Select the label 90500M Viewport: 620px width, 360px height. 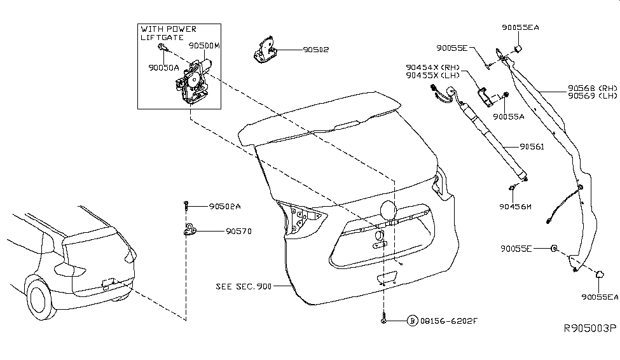(204, 46)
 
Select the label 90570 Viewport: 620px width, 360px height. (238, 232)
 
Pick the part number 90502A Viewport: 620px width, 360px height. (224, 206)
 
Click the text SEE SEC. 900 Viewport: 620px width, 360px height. (244, 287)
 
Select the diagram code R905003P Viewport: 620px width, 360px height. (589, 347)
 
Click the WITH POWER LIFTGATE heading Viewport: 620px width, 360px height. (168, 33)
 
